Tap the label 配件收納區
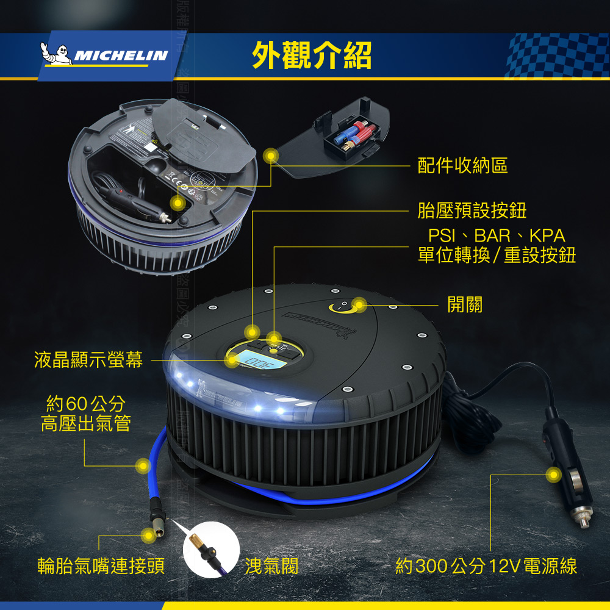(x=462, y=165)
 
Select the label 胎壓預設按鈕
(x=472, y=211)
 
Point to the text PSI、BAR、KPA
(x=496, y=235)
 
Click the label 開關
(x=465, y=304)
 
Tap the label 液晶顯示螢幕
(x=88, y=361)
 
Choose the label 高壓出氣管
(x=86, y=423)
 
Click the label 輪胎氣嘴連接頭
(x=101, y=566)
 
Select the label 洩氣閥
(x=271, y=566)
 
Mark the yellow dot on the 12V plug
(x=553, y=474)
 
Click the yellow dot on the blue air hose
(x=143, y=466)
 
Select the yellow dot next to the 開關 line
(x=359, y=304)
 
